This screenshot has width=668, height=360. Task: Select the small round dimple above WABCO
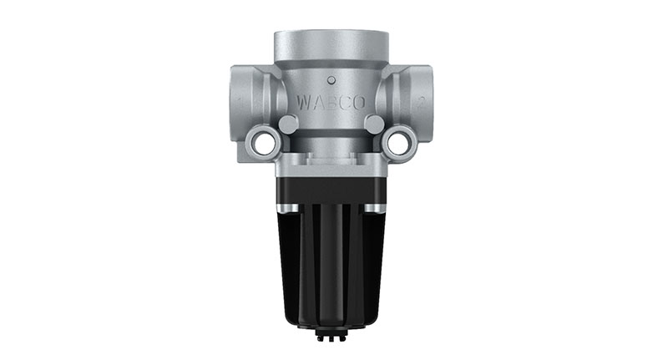[x=331, y=81]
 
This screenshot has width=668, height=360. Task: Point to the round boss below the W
[x=290, y=124]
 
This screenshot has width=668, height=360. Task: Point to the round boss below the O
[x=375, y=124]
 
